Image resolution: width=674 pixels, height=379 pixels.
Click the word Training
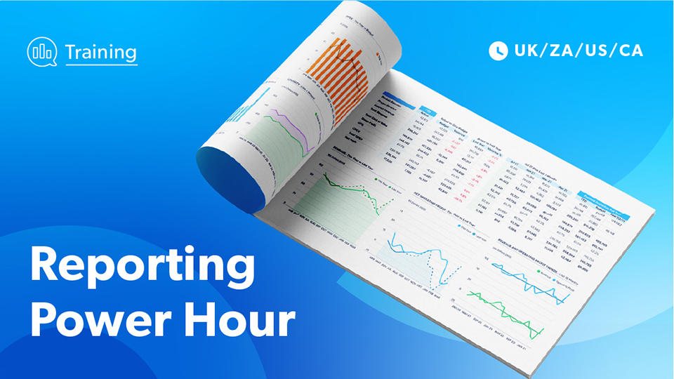pyautogui.click(x=100, y=51)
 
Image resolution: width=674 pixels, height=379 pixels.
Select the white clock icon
pyautogui.click(x=498, y=51)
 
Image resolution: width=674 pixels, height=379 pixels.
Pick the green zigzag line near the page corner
pyautogui.click(x=505, y=306)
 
